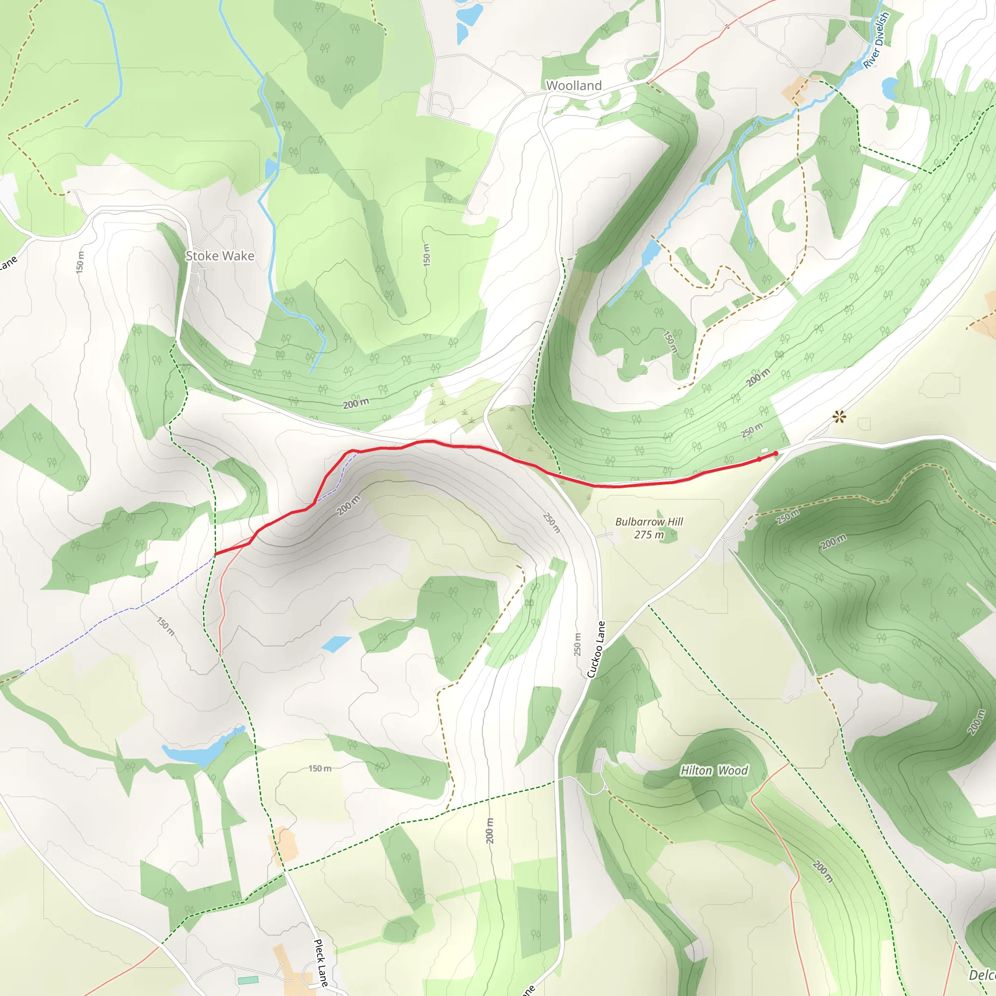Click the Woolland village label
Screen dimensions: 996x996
click(573, 86)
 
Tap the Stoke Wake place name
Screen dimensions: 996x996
click(220, 256)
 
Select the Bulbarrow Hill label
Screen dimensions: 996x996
click(649, 522)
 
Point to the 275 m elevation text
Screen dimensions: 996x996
click(649, 535)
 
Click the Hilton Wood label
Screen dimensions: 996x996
click(714, 771)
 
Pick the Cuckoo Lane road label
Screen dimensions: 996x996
click(596, 650)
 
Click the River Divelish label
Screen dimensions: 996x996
click(876, 40)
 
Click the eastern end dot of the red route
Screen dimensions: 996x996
click(776, 453)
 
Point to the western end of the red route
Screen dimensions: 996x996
click(215, 554)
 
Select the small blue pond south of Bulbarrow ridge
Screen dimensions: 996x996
click(336, 643)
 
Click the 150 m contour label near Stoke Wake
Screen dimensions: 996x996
click(80, 262)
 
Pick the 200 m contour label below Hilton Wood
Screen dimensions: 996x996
click(822, 871)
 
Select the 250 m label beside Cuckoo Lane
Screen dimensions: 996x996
click(577, 644)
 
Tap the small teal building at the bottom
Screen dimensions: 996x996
click(248, 979)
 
